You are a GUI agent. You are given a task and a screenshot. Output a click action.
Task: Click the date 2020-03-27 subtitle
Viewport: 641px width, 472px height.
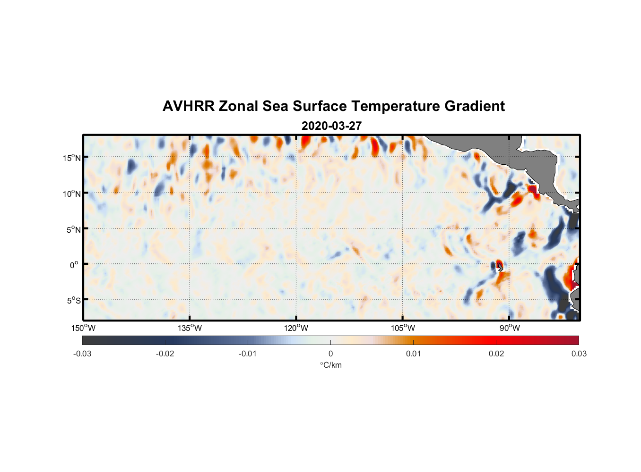[331, 126]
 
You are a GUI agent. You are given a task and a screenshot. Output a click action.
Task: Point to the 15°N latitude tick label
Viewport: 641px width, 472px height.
[71, 158]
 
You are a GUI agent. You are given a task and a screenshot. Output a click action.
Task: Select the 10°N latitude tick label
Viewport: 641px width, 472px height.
[71, 194]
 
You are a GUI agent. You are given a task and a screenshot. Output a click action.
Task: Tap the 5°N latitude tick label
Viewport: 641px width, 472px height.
[73, 229]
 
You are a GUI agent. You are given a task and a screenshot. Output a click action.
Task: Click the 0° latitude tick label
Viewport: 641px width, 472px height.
[74, 265]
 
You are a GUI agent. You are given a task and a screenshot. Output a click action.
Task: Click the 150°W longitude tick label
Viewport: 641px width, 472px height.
[83, 328]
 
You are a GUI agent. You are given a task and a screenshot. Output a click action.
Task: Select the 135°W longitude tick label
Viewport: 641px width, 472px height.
[190, 328]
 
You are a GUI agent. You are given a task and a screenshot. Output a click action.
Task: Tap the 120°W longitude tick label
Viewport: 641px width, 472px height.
[296, 328]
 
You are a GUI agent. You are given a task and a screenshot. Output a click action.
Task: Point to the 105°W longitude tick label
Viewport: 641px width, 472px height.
[403, 328]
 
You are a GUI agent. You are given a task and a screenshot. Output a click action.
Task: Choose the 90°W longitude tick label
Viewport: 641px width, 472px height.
[509, 328]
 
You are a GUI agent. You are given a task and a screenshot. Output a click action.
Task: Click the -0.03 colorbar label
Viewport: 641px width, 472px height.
[82, 354]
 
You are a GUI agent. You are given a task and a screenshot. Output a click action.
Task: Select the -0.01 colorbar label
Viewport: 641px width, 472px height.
[247, 354]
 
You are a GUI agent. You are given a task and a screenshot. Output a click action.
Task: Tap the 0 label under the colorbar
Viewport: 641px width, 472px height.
[330, 354]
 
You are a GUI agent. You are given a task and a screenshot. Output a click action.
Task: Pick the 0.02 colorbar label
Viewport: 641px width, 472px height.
[496, 354]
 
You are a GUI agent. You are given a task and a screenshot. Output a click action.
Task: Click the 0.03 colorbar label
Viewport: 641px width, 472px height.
[579, 354]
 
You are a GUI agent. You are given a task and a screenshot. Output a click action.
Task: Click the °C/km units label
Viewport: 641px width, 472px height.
[330, 365]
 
